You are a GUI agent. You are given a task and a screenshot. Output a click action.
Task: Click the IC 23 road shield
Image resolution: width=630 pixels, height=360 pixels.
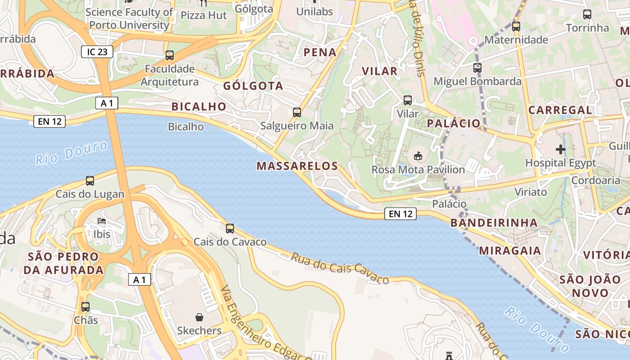[x=97, y=52]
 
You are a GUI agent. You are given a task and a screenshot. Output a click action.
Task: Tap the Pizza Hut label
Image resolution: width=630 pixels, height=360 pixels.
[x=204, y=15]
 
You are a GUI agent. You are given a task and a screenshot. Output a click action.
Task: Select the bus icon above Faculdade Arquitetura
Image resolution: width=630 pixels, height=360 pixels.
[x=170, y=55]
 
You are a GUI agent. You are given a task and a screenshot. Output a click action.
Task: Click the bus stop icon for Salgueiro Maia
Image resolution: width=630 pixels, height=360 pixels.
[x=297, y=112]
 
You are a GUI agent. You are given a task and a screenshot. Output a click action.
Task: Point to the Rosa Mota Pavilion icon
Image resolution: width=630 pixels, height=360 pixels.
[x=418, y=156]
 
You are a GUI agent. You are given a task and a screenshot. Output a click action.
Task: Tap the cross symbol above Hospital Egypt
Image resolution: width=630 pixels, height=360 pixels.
[x=561, y=149]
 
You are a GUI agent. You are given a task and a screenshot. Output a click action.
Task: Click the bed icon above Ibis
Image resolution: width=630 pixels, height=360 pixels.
[x=102, y=221]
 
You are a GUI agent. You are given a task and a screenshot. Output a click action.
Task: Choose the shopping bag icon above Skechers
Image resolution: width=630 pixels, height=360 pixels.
[x=199, y=317]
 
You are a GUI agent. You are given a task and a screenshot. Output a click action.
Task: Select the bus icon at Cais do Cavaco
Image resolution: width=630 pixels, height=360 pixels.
[x=230, y=229]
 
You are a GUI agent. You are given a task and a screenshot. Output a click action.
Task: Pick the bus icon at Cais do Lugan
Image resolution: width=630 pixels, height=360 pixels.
[x=90, y=181]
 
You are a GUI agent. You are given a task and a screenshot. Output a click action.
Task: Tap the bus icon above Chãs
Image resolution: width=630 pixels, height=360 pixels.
[x=85, y=307]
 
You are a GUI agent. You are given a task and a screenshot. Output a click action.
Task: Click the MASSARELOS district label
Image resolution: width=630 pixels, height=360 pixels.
[x=297, y=166]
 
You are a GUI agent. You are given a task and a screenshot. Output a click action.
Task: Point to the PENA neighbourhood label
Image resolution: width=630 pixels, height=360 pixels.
[x=320, y=52]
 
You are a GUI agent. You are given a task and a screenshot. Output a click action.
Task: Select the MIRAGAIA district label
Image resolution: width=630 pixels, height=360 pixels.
[x=510, y=251]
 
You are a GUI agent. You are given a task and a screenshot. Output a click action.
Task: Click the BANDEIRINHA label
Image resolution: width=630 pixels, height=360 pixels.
[x=494, y=223]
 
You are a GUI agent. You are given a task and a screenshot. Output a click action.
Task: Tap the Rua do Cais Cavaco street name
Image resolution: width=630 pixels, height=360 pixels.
[x=340, y=268]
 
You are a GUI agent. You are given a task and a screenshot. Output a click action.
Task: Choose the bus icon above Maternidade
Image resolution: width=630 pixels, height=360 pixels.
[x=516, y=27]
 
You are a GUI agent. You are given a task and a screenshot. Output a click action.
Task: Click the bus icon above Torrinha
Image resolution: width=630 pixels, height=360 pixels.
[x=587, y=14]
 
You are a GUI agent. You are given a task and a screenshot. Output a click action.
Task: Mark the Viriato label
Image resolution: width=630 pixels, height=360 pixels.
[x=531, y=192]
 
